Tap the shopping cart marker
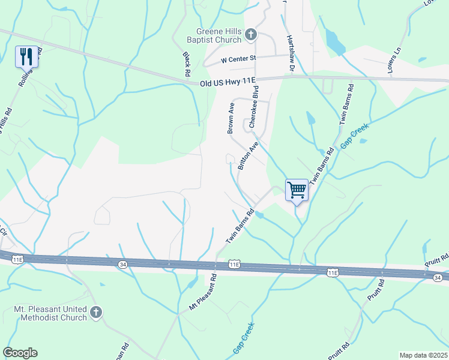(x=297, y=191)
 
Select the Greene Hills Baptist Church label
(x=219, y=36)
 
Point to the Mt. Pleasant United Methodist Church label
(x=50, y=313)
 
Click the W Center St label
(x=238, y=59)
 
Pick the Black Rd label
(x=187, y=63)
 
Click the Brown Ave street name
(x=231, y=118)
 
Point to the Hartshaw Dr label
(x=291, y=52)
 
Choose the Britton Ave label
(x=248, y=157)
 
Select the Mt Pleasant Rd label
(x=201, y=294)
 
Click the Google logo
(x=20, y=353)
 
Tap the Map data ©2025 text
(x=424, y=355)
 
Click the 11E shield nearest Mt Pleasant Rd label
(x=234, y=264)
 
